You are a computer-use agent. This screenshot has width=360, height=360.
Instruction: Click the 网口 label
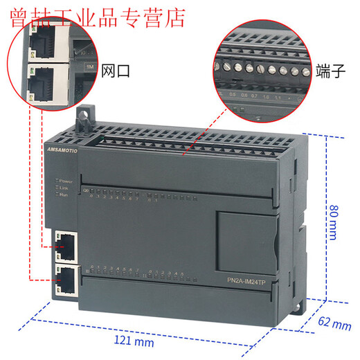(116, 71)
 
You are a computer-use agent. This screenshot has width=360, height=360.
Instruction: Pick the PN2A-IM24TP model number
(251, 280)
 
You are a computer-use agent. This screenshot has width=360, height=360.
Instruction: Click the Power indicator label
(66, 181)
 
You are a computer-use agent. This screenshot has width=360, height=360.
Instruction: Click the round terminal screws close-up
(260, 70)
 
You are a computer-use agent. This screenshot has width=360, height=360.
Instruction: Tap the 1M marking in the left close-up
(89, 66)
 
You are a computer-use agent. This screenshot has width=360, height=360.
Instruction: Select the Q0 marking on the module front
(86, 189)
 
